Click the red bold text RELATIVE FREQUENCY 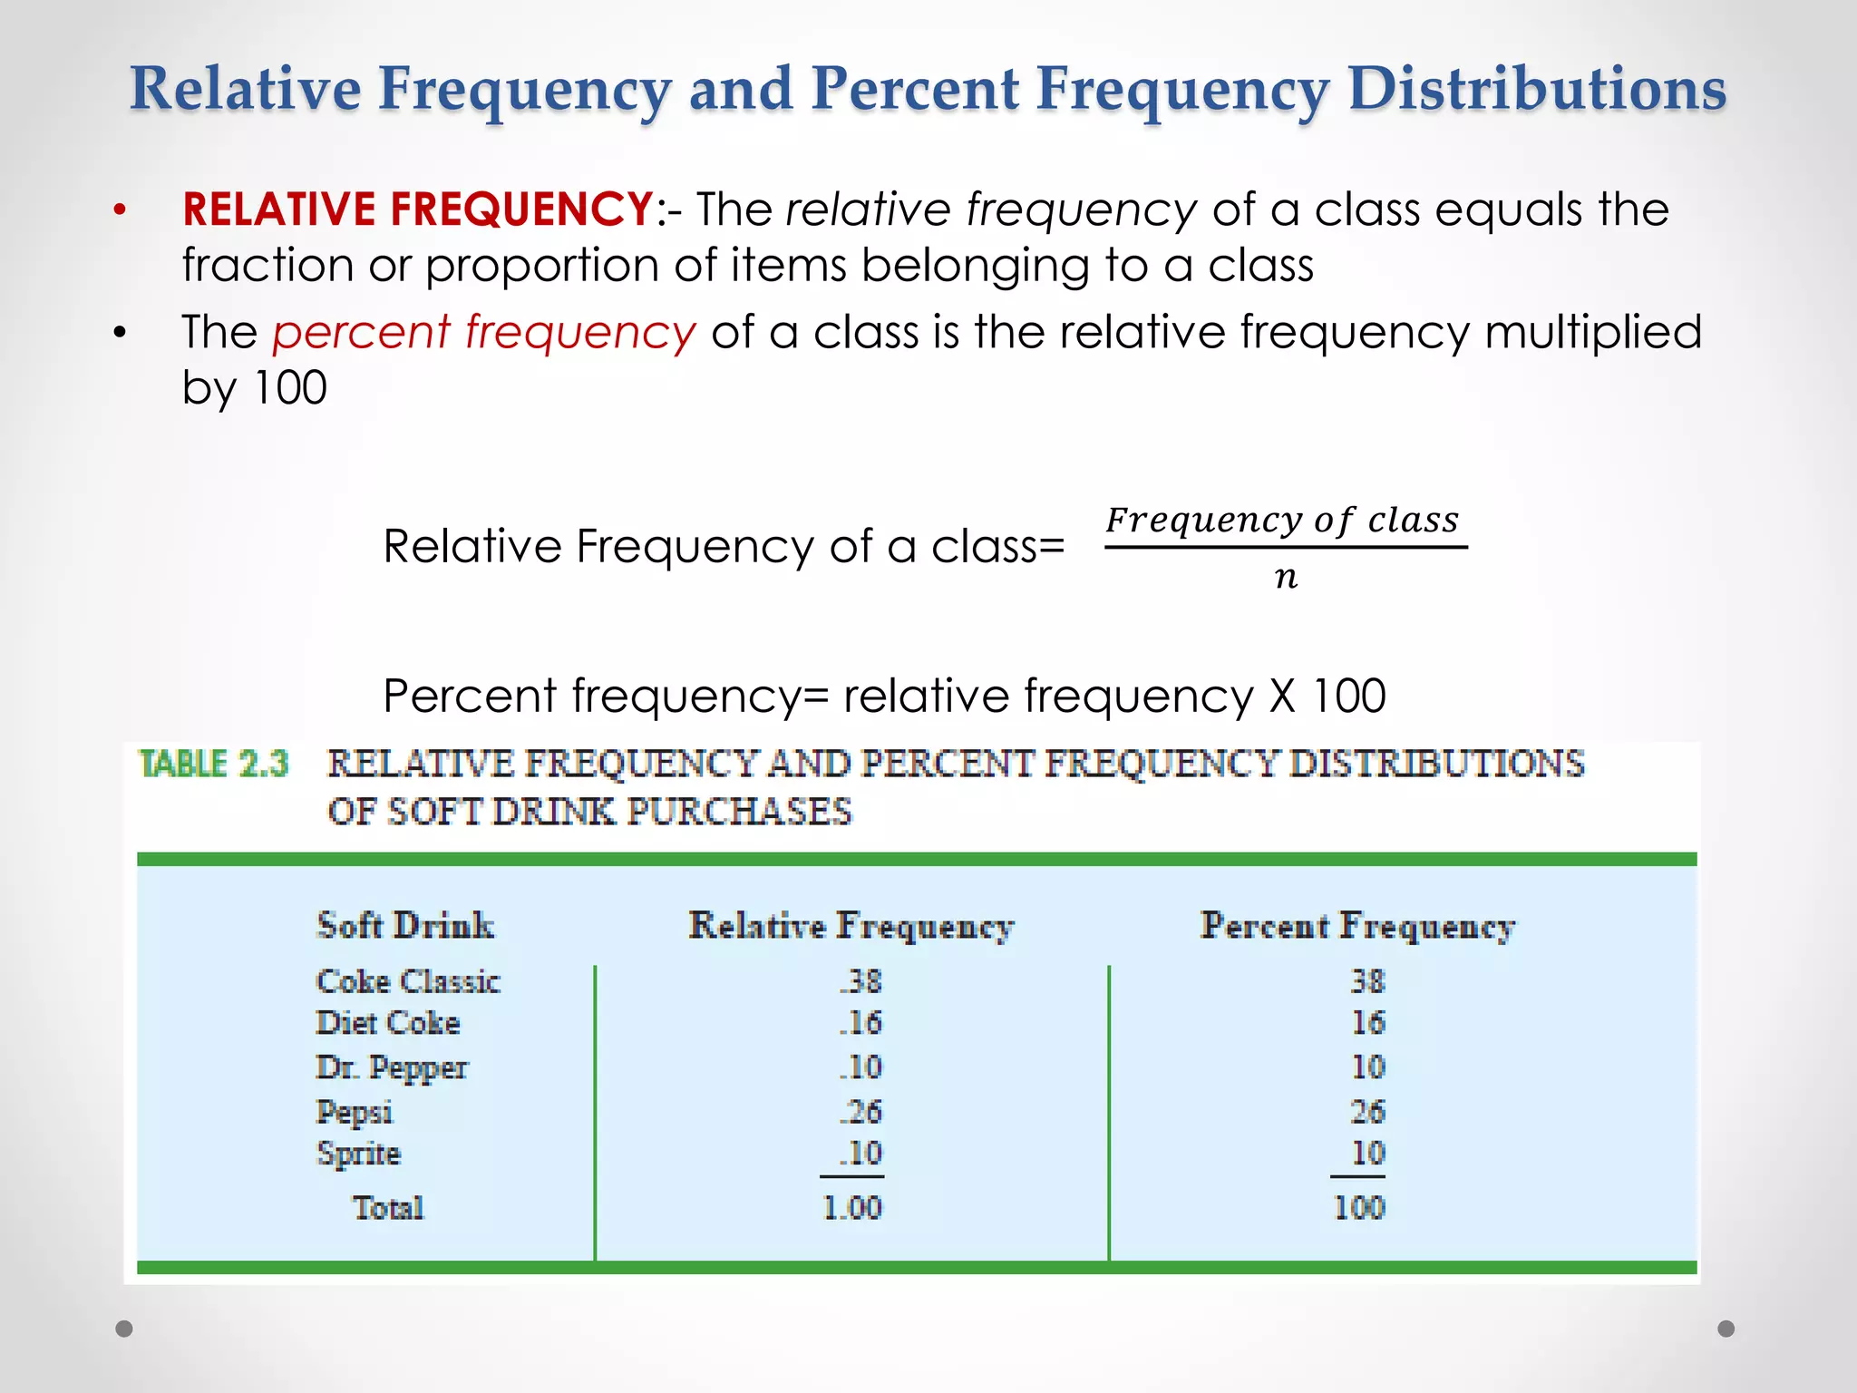(417, 209)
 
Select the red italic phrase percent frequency (484, 332)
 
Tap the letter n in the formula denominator (1286, 577)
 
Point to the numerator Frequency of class (1282, 520)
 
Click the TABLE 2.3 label (213, 764)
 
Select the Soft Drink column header (405, 925)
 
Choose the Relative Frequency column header (851, 925)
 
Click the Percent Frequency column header (1357, 925)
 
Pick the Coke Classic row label (408, 981)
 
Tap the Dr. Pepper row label (392, 1067)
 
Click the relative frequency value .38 (860, 981)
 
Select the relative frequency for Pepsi (860, 1111)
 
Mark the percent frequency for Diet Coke (1368, 1023)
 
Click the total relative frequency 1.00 (851, 1207)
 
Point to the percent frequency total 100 (1359, 1207)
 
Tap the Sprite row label (358, 1154)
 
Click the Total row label (388, 1207)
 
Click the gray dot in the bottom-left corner (124, 1329)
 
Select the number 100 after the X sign (1349, 696)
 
